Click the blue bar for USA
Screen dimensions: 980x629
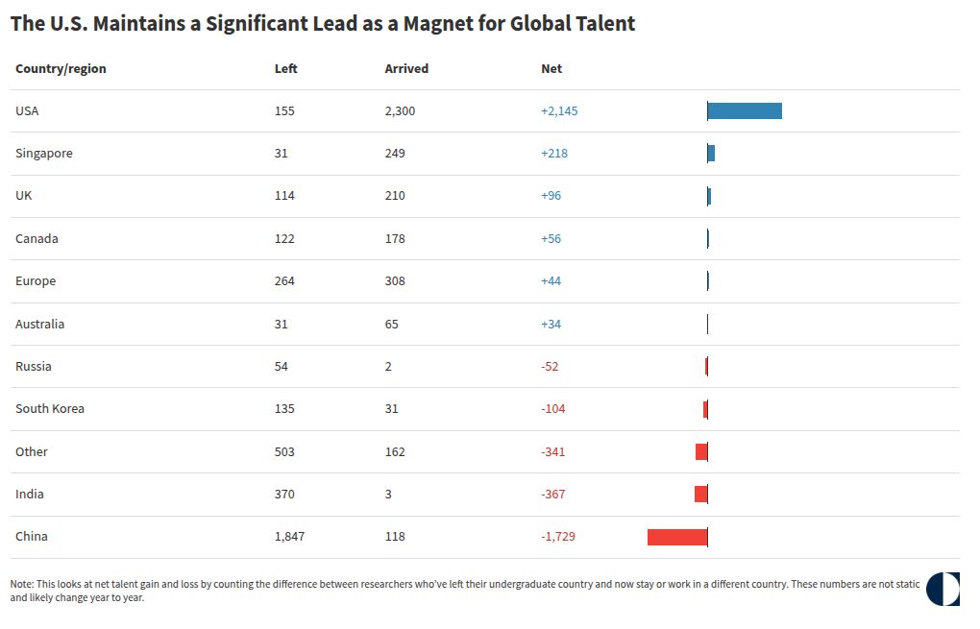pyautogui.click(x=745, y=111)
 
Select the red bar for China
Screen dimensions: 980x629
pyautogui.click(x=677, y=537)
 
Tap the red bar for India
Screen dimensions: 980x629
pyautogui.click(x=701, y=495)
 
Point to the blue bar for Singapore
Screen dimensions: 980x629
pyautogui.click(x=711, y=153)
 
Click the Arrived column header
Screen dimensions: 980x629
pyautogui.click(x=406, y=69)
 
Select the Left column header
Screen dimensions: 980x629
pyautogui.click(x=285, y=69)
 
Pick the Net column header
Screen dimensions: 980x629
pyautogui.click(x=551, y=69)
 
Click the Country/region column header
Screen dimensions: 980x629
pyautogui.click(x=61, y=69)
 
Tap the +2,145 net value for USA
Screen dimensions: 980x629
pyautogui.click(x=559, y=111)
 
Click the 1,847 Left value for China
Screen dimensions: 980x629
pyautogui.click(x=289, y=537)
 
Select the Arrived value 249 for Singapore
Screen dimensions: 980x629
pyautogui.click(x=395, y=153)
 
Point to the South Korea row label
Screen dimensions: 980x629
pyautogui.click(x=50, y=408)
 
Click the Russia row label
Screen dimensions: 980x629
pyautogui.click(x=33, y=366)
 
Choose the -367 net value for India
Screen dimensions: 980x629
pyautogui.click(x=553, y=495)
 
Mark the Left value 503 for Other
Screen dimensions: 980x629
pyautogui.click(x=284, y=451)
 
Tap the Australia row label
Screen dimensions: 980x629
pyautogui.click(x=40, y=324)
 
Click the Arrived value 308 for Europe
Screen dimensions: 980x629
pyautogui.click(x=395, y=281)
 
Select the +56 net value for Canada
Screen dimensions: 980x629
pyautogui.click(x=551, y=238)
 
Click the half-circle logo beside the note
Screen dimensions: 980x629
pyautogui.click(x=943, y=589)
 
